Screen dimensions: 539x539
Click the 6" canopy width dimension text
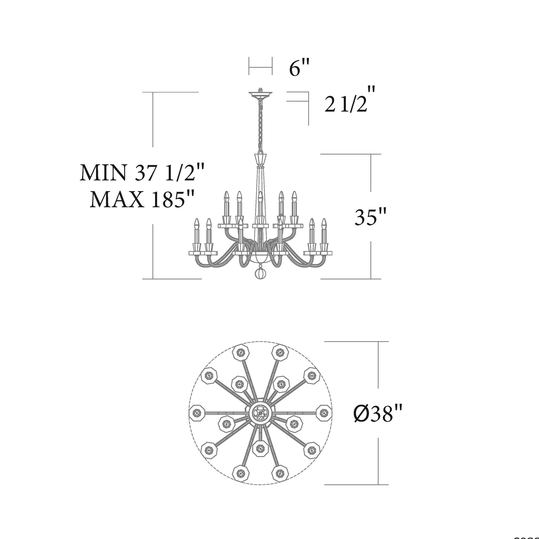(299, 68)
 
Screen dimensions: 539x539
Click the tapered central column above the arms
(260, 184)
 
